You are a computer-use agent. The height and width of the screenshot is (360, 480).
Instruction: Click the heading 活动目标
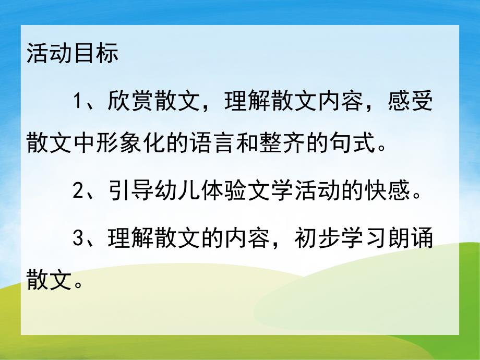73,54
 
